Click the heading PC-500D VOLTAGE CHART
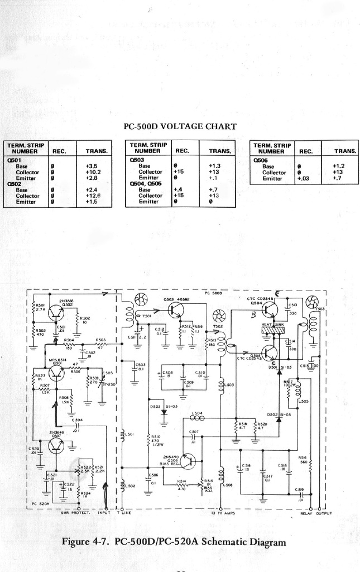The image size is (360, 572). click(179, 126)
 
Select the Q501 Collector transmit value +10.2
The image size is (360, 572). click(93, 173)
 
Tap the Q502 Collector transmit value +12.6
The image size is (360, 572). click(93, 196)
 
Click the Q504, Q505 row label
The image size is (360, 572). click(146, 184)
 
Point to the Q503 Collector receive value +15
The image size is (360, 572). click(179, 172)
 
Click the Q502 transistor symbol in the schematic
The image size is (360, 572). click(56, 313)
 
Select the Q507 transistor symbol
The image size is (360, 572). click(56, 445)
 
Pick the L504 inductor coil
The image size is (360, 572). click(196, 418)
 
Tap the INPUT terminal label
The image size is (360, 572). click(104, 513)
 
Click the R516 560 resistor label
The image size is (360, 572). click(303, 459)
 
